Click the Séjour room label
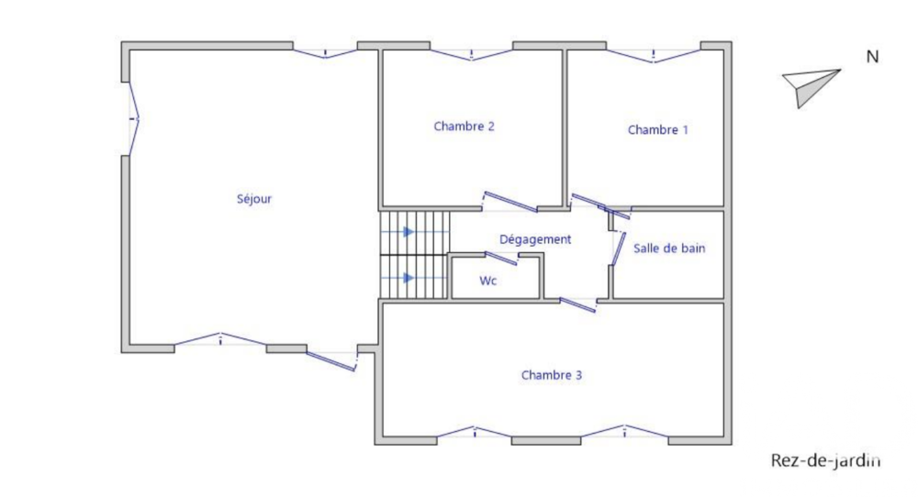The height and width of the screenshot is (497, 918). pyautogui.click(x=254, y=198)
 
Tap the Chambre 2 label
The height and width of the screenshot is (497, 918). pyautogui.click(x=465, y=127)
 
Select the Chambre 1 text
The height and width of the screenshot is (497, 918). pyautogui.click(x=657, y=130)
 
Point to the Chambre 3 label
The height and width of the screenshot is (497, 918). pyautogui.click(x=552, y=374)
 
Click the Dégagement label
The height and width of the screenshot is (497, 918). pyautogui.click(x=535, y=239)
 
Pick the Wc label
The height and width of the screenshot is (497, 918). pyautogui.click(x=488, y=282)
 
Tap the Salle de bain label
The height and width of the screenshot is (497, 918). pyautogui.click(x=669, y=248)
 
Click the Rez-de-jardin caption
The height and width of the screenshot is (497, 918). pyautogui.click(x=824, y=460)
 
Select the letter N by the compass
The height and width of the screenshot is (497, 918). pyautogui.click(x=872, y=57)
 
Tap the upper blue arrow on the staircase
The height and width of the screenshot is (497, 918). pyautogui.click(x=409, y=232)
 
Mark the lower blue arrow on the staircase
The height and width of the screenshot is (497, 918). pyautogui.click(x=409, y=277)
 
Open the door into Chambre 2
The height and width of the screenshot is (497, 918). pyautogui.click(x=509, y=201)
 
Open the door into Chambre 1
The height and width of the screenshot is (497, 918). pyautogui.click(x=601, y=206)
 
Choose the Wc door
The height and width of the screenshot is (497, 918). pyautogui.click(x=501, y=258)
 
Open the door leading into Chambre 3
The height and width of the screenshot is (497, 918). pyautogui.click(x=578, y=304)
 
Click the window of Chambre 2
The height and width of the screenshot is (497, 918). pyautogui.click(x=471, y=53)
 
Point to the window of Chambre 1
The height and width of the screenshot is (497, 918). pyautogui.click(x=653, y=55)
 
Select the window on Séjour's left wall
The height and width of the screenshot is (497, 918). pyautogui.click(x=134, y=118)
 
